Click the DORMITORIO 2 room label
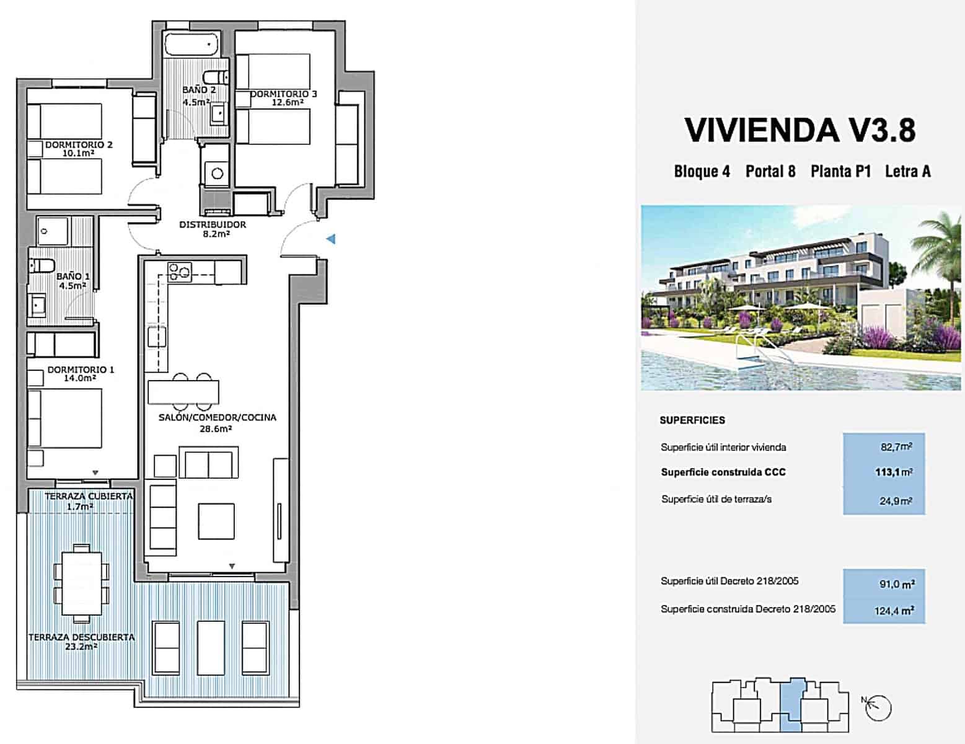pyautogui.click(x=79, y=145)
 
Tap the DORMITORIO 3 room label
pyautogui.click(x=284, y=94)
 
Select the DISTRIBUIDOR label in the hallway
pyautogui.click(x=213, y=224)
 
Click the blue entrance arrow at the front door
pyautogui.click(x=332, y=239)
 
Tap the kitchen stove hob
pyautogui.click(x=180, y=271)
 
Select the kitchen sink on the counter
pyautogui.click(x=156, y=337)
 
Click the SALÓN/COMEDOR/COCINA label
pyautogui.click(x=217, y=417)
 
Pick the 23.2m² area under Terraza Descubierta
pyautogui.click(x=81, y=647)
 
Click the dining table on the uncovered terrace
pyautogui.click(x=81, y=583)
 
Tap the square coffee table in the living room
pyautogui.click(x=216, y=521)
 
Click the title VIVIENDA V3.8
pyautogui.click(x=800, y=130)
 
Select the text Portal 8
pyautogui.click(x=770, y=171)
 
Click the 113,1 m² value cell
pyautogui.click(x=884, y=472)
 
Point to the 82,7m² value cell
pyautogui.click(x=884, y=446)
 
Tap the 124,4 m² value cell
pyautogui.click(x=884, y=611)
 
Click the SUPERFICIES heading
pyautogui.click(x=692, y=420)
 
